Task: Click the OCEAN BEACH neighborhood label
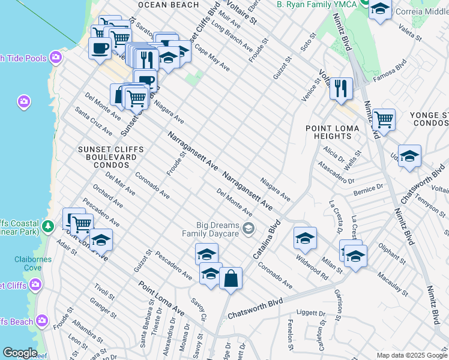click(x=168, y=5)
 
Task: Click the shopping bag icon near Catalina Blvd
click(x=231, y=278)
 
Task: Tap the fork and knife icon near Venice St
click(x=341, y=88)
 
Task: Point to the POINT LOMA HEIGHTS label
click(x=332, y=133)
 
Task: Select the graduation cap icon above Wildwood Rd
click(x=305, y=238)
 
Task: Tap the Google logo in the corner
click(x=19, y=353)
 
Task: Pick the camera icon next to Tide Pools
click(x=56, y=58)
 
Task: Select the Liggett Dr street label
click(x=310, y=313)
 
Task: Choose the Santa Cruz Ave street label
click(x=93, y=122)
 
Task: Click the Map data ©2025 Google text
click(x=411, y=355)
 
